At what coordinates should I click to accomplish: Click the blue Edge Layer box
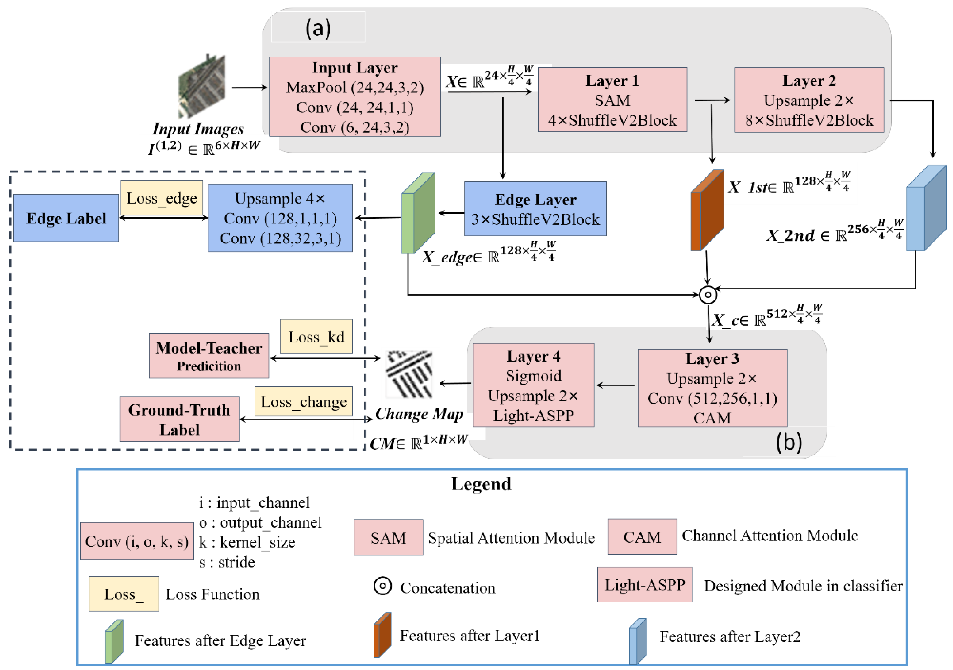coord(535,209)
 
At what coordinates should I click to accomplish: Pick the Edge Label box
coord(66,218)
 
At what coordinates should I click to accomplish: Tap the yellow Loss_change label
coord(304,401)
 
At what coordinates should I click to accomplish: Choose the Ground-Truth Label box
coord(179,419)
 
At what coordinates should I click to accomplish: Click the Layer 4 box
coord(533,385)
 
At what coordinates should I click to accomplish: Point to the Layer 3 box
coord(712,388)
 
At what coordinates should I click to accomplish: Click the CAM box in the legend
coord(642,537)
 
